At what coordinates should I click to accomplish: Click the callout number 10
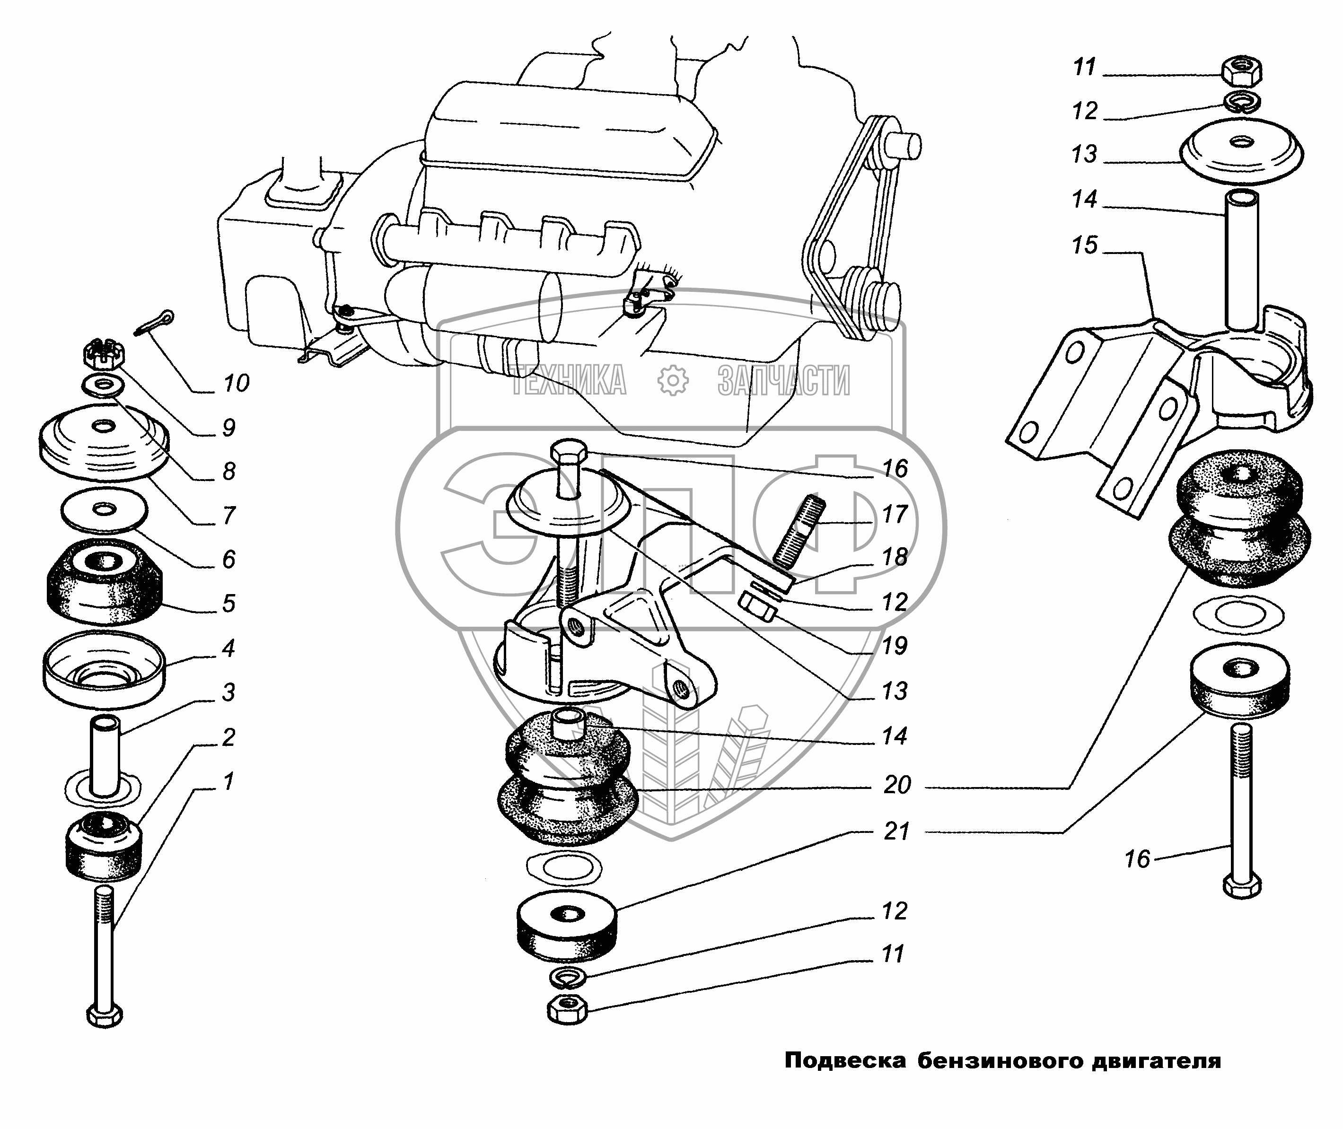(236, 384)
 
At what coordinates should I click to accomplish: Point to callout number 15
(1084, 245)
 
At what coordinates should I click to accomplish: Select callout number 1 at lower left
(228, 781)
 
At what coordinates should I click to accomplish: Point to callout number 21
(897, 831)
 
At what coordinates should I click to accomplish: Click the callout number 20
(897, 785)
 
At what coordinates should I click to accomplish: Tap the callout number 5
(228, 603)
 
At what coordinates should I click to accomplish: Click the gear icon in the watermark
(673, 380)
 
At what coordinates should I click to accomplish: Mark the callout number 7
(228, 515)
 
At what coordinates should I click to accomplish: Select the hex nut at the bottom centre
(567, 1011)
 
